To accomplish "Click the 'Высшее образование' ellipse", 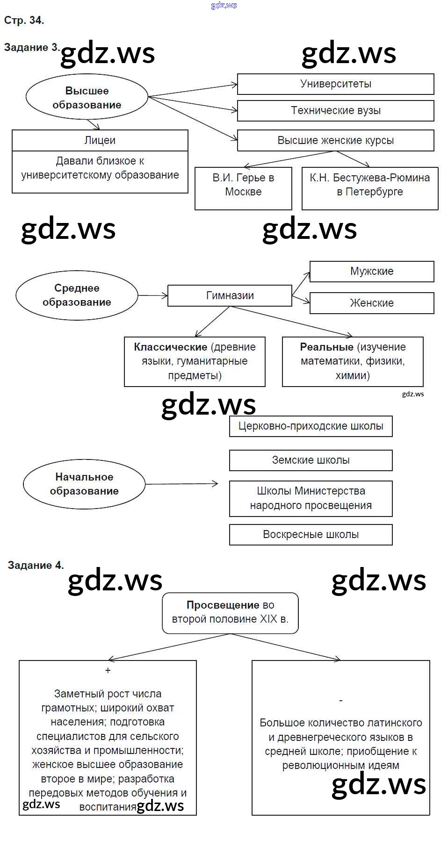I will click(x=87, y=97).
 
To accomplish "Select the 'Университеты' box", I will click(x=335, y=84).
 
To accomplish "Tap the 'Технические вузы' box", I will click(x=335, y=111).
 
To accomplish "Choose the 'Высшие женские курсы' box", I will click(x=335, y=141).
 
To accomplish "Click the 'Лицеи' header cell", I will click(x=100, y=140).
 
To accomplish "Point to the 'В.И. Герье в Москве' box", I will click(x=243, y=188).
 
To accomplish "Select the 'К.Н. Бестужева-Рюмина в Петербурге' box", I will click(x=369, y=188).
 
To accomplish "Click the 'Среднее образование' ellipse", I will click(x=77, y=295).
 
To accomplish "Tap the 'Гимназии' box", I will click(x=230, y=296).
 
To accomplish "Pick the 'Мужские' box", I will click(x=372, y=272).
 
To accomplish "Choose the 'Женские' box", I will click(x=372, y=303).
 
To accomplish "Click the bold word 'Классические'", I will click(x=170, y=347).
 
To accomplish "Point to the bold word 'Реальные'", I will click(x=326, y=347).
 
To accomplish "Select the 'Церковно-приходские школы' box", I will click(x=311, y=426).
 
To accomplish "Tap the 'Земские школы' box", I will click(x=311, y=460).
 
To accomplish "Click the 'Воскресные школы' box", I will click(x=311, y=535).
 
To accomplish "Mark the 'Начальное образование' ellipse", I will click(x=84, y=484).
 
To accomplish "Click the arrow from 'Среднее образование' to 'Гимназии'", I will click(x=152, y=295).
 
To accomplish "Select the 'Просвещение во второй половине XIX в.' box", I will click(x=230, y=613).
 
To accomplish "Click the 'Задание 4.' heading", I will click(x=36, y=566).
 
